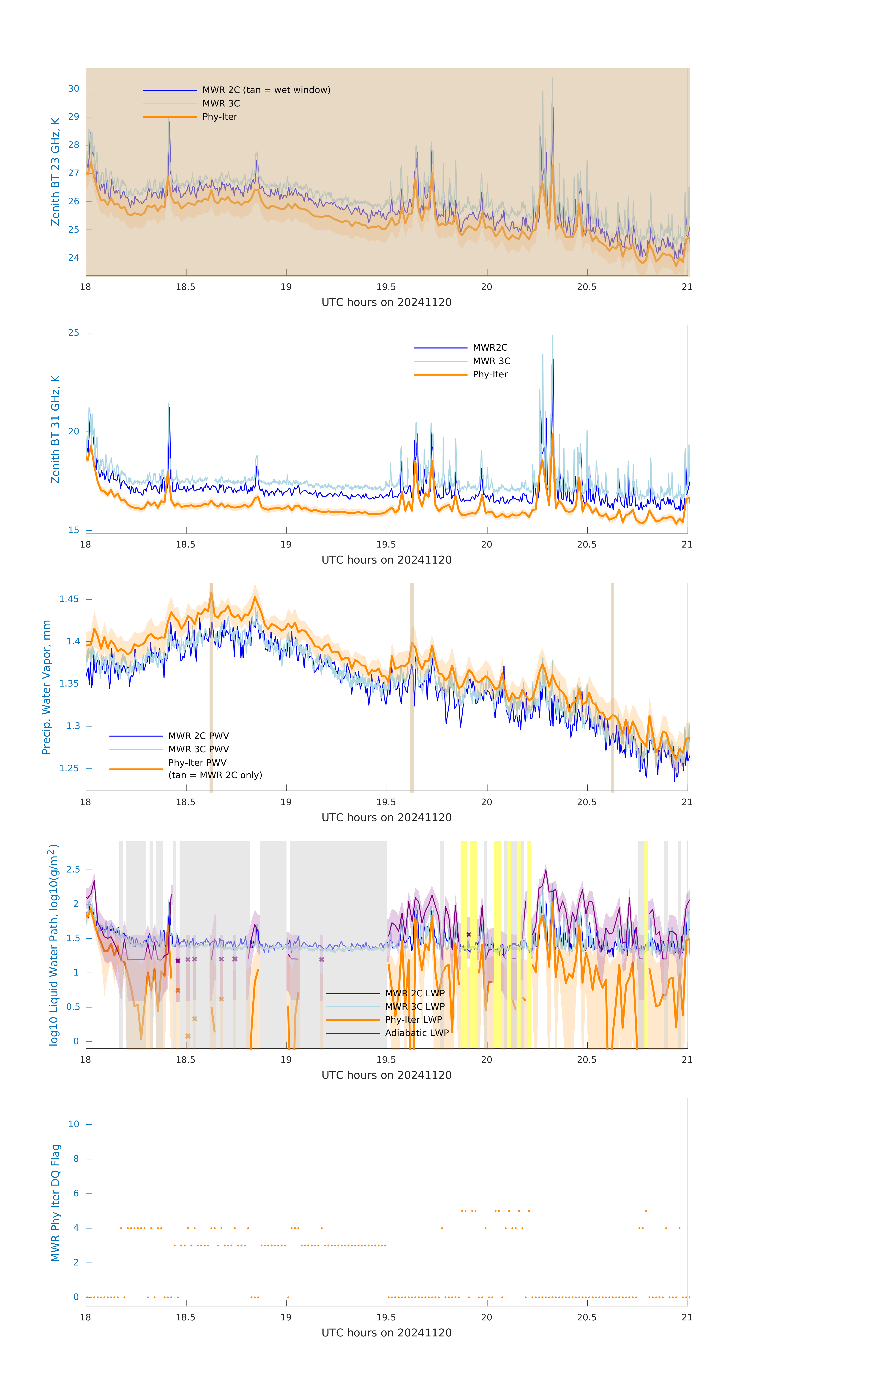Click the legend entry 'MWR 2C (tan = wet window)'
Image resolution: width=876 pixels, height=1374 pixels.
point(266,90)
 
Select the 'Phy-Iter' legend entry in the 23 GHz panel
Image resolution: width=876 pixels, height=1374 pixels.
point(220,117)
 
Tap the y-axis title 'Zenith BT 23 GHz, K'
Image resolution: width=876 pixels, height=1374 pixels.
point(55,172)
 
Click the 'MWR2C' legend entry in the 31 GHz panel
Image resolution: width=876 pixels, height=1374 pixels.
point(490,347)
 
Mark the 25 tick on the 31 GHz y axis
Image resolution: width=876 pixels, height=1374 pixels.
point(74,333)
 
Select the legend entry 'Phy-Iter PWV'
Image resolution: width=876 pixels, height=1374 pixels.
point(197,763)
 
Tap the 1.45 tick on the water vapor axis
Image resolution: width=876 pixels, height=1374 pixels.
point(69,599)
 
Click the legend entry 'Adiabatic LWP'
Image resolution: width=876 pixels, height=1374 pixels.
point(417,1033)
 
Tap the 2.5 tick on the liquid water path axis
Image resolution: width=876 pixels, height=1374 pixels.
point(73,870)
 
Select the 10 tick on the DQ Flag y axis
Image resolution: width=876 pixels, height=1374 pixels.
point(74,1124)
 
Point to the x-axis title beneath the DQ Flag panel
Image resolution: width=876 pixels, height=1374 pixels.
point(386,1333)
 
